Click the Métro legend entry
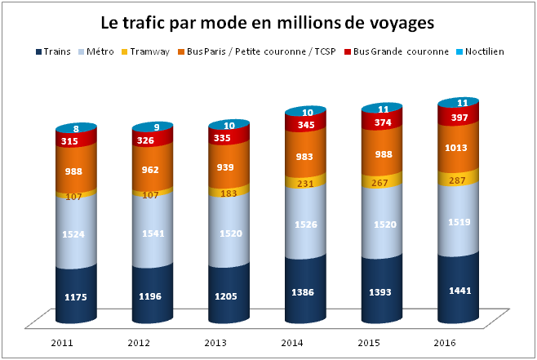point(98,51)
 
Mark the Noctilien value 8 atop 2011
point(76,128)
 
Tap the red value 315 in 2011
point(76,140)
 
